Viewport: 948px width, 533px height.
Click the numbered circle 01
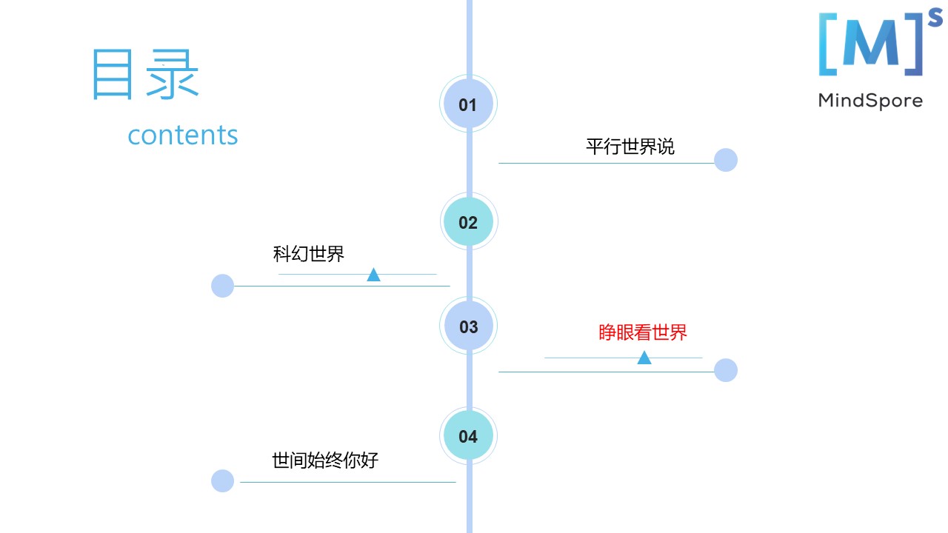click(x=468, y=104)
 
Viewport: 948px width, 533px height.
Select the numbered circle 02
click(x=468, y=222)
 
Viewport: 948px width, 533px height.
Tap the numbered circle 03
click(x=468, y=326)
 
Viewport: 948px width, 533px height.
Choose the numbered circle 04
click(x=468, y=436)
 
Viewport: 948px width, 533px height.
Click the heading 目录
click(x=145, y=74)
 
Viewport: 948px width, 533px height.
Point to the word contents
click(x=183, y=135)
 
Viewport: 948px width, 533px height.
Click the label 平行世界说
click(x=630, y=146)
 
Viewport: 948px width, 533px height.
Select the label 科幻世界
click(x=309, y=254)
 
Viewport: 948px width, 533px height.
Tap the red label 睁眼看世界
click(x=643, y=332)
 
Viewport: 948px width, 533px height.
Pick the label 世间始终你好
click(x=325, y=460)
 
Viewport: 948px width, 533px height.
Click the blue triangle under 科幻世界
click(x=373, y=275)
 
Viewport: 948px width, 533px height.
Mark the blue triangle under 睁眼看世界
click(x=644, y=358)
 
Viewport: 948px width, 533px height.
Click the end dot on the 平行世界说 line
click(x=726, y=160)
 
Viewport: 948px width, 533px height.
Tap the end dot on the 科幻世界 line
click(x=222, y=286)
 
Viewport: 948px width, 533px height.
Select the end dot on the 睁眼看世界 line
click(x=726, y=370)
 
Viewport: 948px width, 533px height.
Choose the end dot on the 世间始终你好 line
click(x=222, y=480)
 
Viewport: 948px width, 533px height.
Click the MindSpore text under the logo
click(x=870, y=101)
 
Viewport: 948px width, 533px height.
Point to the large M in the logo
click(x=870, y=45)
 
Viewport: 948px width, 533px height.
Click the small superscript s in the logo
click(x=935, y=21)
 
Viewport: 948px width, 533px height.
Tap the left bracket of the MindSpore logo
click(x=826, y=44)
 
